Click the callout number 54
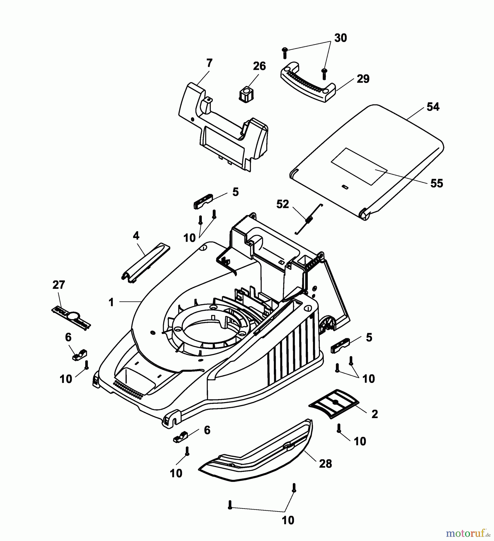[x=433, y=107]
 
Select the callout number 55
[x=436, y=183]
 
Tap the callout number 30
[x=341, y=38]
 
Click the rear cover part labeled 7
[x=222, y=126]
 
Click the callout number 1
[x=111, y=302]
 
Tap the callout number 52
[x=282, y=204]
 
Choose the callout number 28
[x=325, y=464]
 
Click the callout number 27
[x=59, y=285]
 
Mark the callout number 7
[x=209, y=63]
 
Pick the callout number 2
[x=374, y=414]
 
